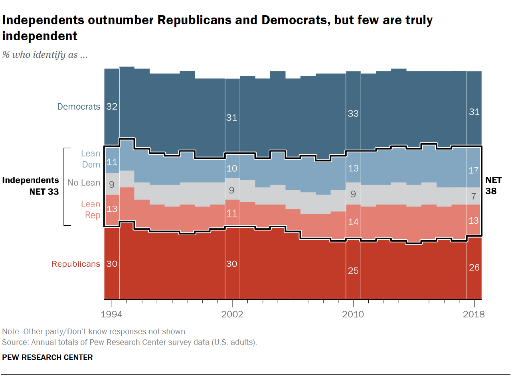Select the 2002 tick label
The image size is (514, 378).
232,314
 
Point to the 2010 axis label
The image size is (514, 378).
353,314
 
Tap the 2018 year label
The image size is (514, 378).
474,314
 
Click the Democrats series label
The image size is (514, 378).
79,106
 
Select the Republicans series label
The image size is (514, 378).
76,264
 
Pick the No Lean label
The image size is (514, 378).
84,183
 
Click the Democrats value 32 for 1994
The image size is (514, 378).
112,106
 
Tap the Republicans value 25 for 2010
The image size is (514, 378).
353,271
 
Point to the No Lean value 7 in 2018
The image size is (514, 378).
474,196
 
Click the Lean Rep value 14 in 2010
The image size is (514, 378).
353,222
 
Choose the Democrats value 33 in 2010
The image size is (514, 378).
353,114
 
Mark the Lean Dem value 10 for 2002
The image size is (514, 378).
232,169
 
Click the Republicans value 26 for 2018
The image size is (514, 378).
474,268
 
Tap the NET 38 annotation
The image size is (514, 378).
493,186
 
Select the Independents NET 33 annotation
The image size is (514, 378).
31,186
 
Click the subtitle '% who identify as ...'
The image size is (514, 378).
45,55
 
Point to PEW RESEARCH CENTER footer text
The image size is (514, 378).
47,357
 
